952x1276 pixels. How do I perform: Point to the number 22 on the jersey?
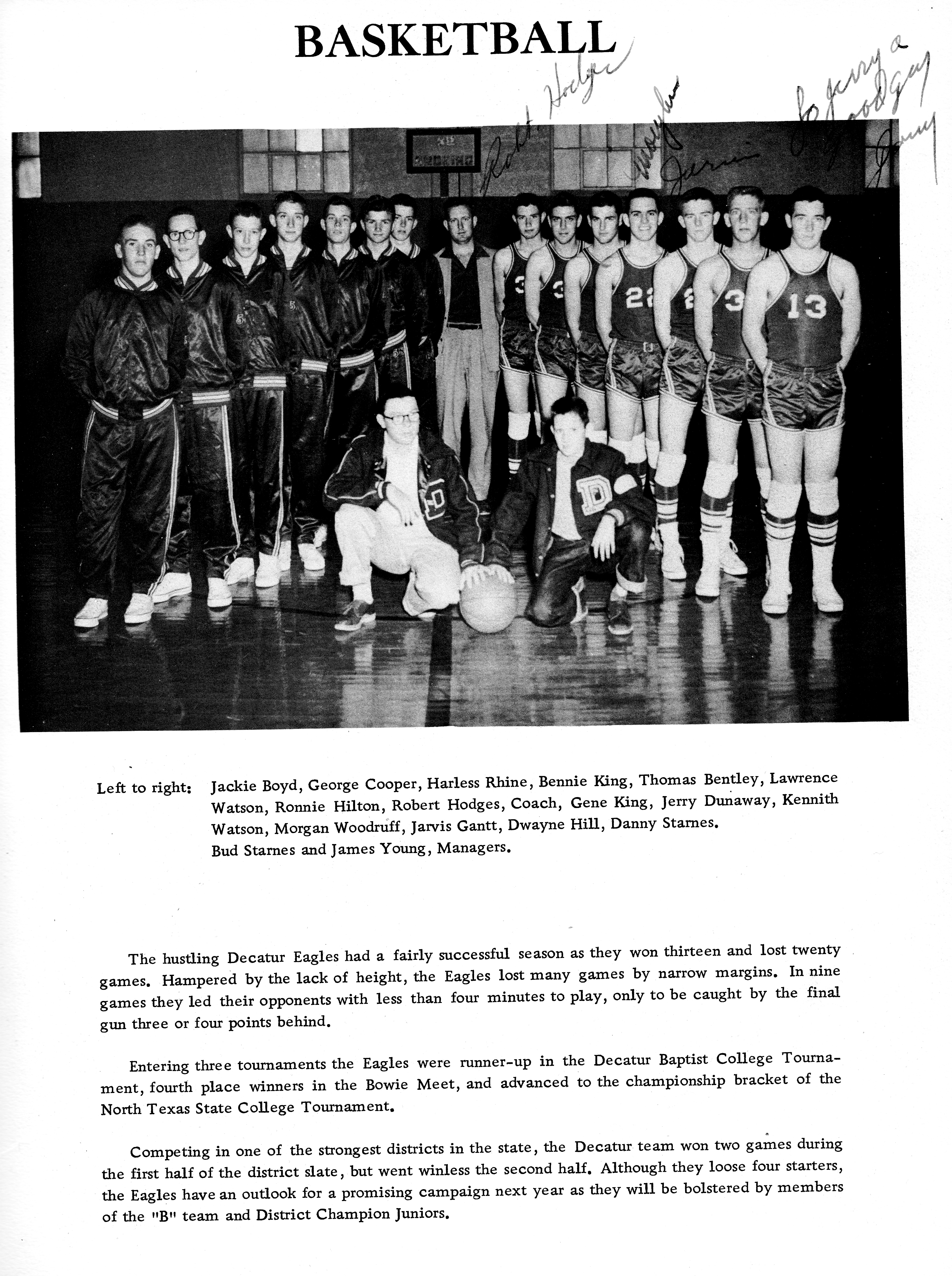[641, 298]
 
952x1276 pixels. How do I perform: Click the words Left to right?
[143, 787]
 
